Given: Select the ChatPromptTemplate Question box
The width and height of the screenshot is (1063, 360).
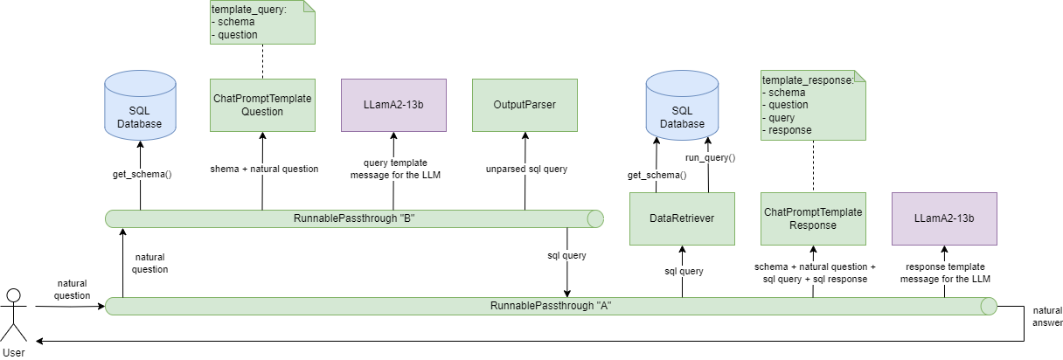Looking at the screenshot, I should click(x=262, y=105).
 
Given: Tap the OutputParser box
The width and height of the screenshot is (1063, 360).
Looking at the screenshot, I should click(x=525, y=105).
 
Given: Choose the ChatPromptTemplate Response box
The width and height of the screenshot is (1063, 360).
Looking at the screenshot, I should click(x=813, y=218).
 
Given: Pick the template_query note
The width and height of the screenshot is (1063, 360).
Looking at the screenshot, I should click(x=262, y=23).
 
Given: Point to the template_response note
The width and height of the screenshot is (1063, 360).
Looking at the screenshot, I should click(x=813, y=105).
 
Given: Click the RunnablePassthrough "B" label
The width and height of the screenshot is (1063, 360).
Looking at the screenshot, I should click(x=354, y=218).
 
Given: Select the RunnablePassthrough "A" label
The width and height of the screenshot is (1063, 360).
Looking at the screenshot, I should click(x=551, y=306).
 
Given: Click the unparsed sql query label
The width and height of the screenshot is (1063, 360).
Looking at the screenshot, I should click(x=525, y=169).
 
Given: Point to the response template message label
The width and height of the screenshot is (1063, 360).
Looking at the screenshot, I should click(x=944, y=273).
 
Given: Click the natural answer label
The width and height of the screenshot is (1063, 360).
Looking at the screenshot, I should click(x=1046, y=316).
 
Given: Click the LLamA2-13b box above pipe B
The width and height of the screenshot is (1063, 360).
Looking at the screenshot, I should click(x=393, y=105).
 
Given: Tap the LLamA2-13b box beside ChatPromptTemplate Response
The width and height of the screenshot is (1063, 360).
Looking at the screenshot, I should click(x=944, y=218).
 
